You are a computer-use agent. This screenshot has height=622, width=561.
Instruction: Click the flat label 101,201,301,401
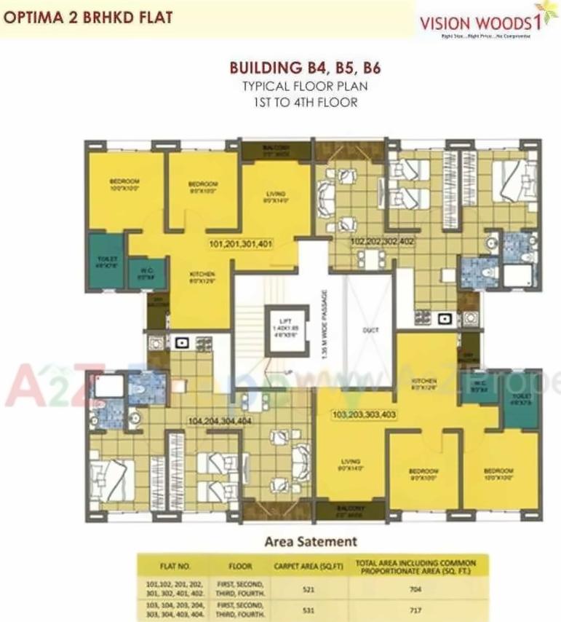point(241,244)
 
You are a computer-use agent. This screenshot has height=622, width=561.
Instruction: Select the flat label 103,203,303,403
point(364,414)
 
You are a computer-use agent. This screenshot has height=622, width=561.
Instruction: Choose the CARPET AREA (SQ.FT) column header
point(307,566)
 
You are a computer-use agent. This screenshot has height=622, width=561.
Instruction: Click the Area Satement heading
point(311,541)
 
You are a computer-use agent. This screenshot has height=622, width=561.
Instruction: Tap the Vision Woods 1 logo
point(480,25)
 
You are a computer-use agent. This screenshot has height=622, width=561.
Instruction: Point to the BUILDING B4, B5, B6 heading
point(305,69)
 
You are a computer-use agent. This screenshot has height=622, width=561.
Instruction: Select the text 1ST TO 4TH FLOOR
point(305,103)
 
